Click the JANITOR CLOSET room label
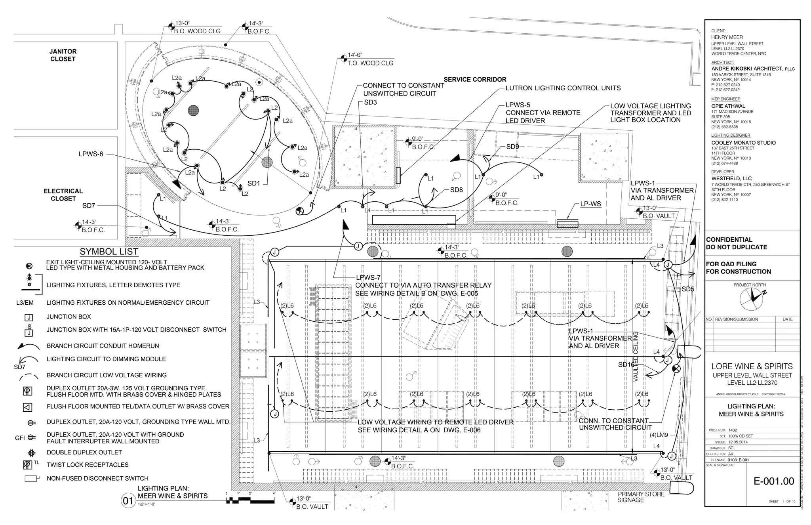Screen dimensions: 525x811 pyautogui.click(x=63, y=55)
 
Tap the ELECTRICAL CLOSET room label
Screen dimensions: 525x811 pyautogui.click(x=63, y=195)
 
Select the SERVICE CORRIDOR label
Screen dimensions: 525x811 pyautogui.click(x=475, y=79)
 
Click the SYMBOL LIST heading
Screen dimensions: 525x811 pyautogui.click(x=109, y=252)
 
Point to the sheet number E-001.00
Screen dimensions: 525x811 pyautogui.click(x=773, y=481)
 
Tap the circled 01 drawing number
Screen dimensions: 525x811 pyautogui.click(x=128, y=501)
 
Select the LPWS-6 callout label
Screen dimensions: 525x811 pyautogui.click(x=91, y=154)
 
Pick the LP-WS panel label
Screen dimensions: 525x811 pyautogui.click(x=590, y=204)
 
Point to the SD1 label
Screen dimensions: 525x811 pyautogui.click(x=253, y=183)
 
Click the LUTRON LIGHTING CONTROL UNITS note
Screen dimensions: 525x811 pyautogui.click(x=563, y=88)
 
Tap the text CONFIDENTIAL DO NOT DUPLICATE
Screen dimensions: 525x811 pyautogui.click(x=736, y=243)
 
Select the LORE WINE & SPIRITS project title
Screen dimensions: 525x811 pyautogui.click(x=752, y=367)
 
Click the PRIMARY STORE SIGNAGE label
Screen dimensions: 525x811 pyautogui.click(x=641, y=497)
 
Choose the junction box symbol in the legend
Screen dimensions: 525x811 pyautogui.click(x=29, y=317)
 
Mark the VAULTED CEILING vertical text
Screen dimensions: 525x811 pyautogui.click(x=636, y=357)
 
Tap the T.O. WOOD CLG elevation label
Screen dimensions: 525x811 pyautogui.click(x=370, y=63)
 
